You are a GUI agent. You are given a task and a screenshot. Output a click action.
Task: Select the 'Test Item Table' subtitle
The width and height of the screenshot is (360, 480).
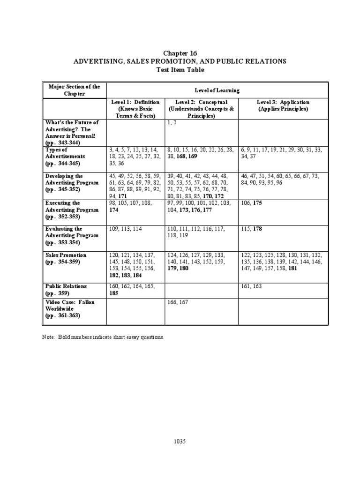(180, 69)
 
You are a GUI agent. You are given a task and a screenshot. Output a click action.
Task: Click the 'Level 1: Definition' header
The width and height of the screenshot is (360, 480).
(135, 102)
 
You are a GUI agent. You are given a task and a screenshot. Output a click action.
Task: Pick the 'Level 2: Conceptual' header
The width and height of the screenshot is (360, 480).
(201, 102)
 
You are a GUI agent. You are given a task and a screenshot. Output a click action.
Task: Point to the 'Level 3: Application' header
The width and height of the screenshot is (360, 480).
(283, 102)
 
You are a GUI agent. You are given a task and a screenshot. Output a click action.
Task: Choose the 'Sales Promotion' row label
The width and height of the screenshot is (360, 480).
(66, 255)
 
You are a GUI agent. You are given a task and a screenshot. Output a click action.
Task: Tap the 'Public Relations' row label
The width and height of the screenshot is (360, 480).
(67, 286)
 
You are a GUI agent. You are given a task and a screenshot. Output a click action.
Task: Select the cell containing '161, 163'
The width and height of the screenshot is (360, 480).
(251, 286)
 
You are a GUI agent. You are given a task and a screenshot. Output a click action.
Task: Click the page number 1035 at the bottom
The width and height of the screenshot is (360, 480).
(180, 442)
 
